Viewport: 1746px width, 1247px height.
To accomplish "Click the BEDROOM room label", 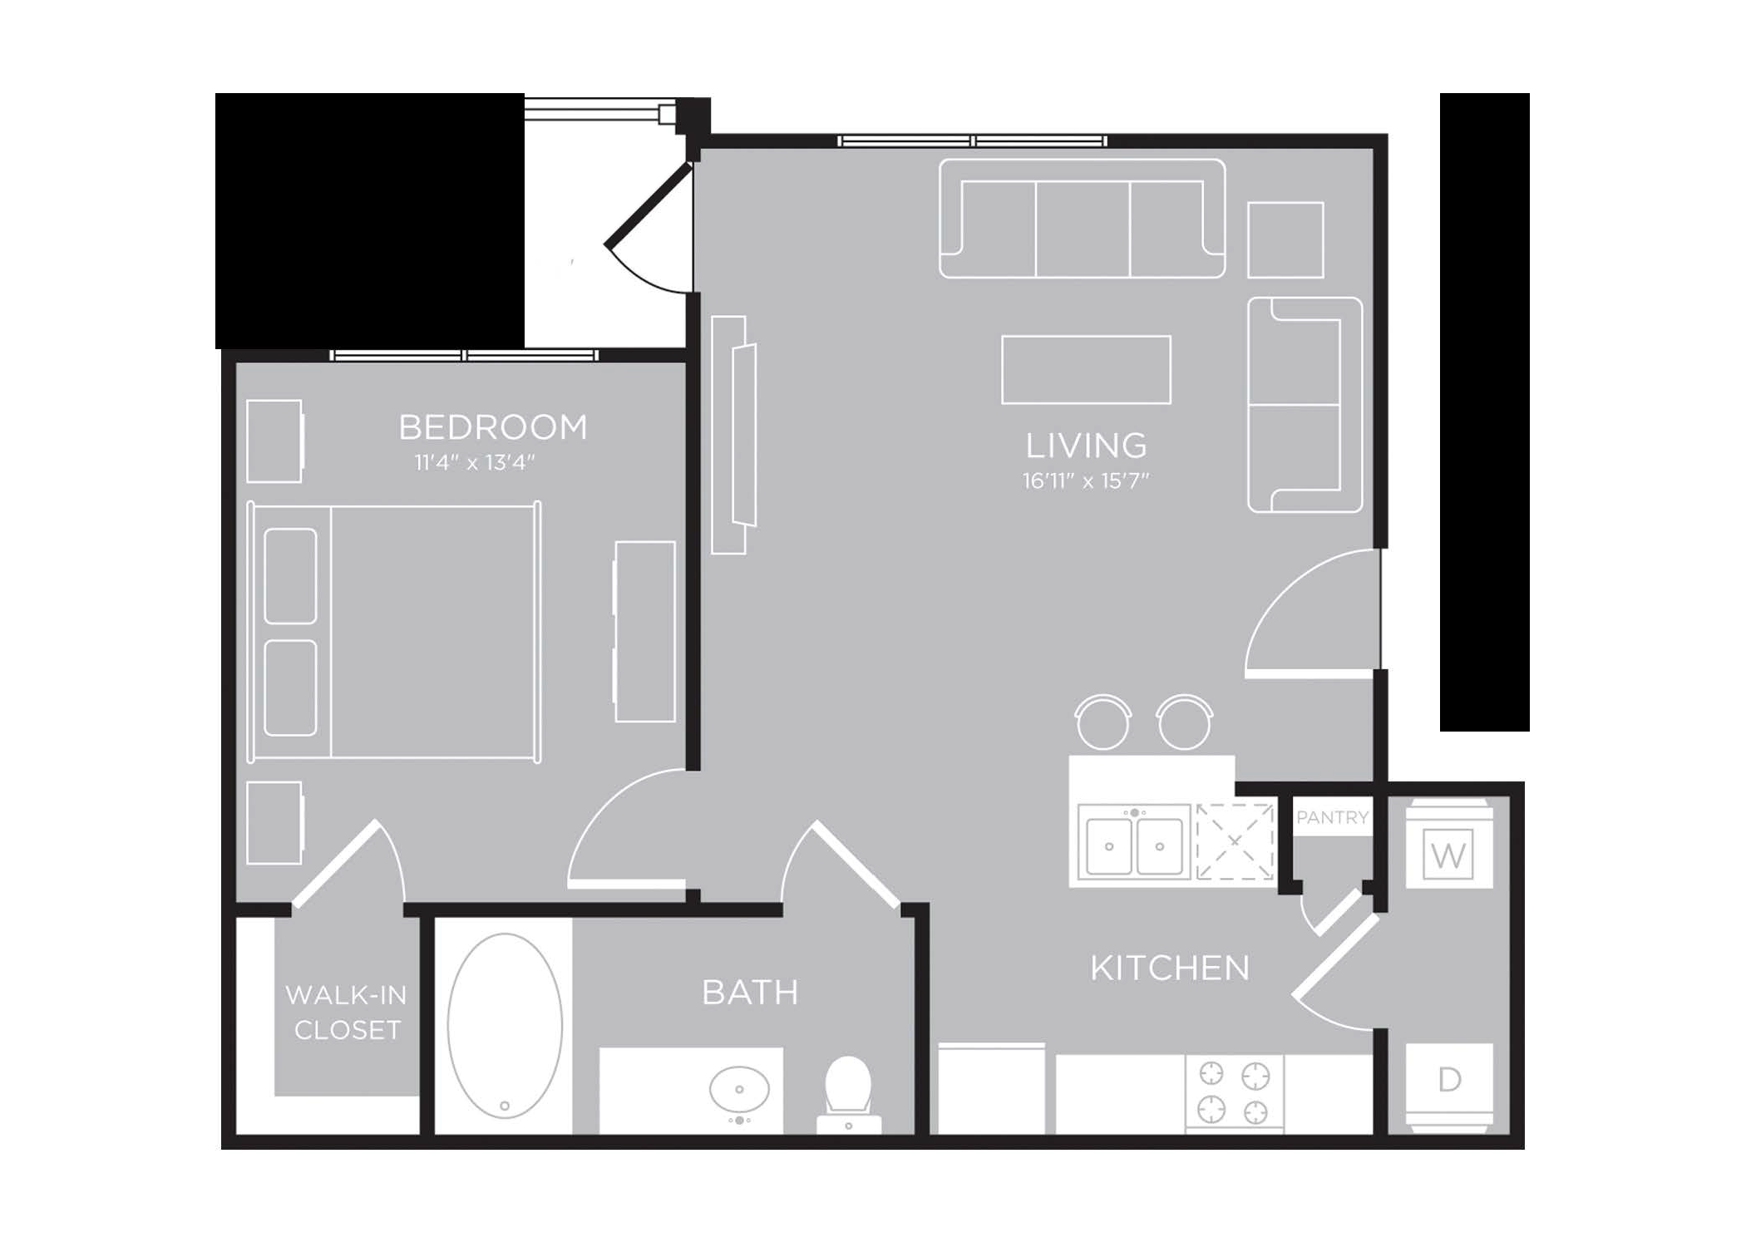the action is (493, 427).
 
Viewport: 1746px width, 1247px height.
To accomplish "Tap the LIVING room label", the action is (1086, 446).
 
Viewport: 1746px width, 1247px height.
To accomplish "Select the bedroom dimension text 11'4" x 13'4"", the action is (475, 462).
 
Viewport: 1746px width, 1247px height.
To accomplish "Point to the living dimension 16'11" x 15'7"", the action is (1086, 481).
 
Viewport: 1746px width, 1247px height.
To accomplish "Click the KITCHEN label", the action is (1170, 968).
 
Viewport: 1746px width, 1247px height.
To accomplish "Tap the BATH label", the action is (750, 992).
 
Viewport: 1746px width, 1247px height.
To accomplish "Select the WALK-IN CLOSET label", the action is (347, 1012).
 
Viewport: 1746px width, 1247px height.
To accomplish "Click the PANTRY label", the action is (1332, 817).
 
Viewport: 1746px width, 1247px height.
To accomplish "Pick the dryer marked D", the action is (1449, 1088).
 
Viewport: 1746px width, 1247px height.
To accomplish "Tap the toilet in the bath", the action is (848, 1095).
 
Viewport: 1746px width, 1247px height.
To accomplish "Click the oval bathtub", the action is (505, 1025).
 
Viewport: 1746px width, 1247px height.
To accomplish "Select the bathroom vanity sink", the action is (739, 1089).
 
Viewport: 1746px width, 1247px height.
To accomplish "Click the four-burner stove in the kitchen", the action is (1234, 1092).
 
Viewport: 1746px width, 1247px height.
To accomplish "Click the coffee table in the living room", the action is (1086, 369).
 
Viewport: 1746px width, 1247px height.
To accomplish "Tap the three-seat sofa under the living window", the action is (1082, 218).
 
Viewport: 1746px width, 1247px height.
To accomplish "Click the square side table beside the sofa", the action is (1285, 239).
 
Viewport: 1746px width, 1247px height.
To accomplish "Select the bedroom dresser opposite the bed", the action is (644, 631).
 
